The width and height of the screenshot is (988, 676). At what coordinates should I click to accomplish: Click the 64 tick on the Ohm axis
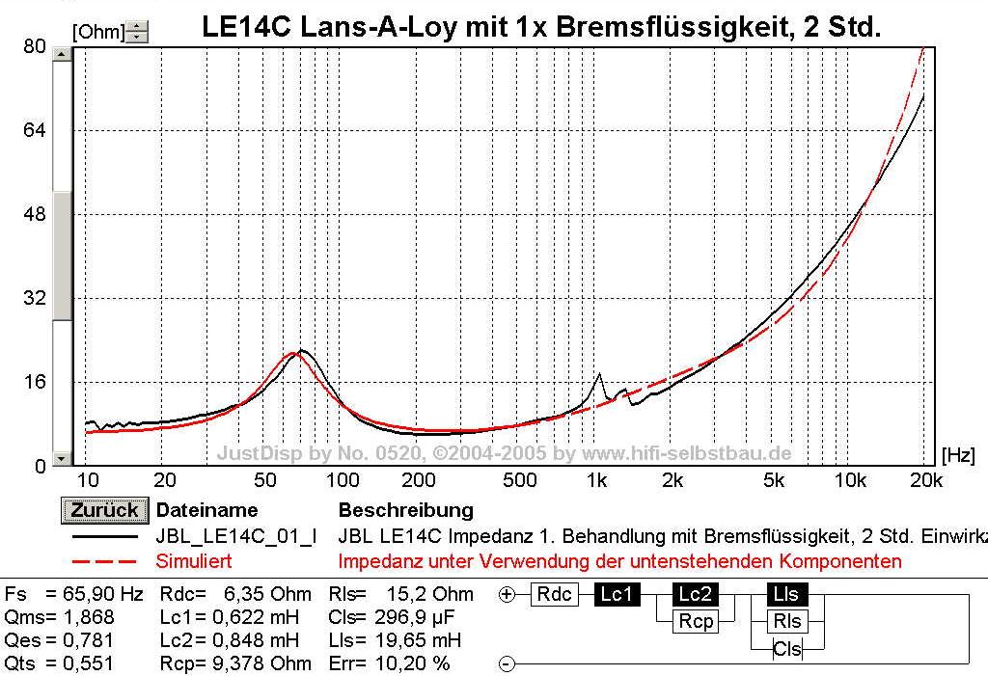click(x=35, y=130)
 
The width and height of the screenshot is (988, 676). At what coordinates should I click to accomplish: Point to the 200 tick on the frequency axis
click(x=417, y=480)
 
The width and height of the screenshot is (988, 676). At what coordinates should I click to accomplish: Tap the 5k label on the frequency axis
click(x=772, y=480)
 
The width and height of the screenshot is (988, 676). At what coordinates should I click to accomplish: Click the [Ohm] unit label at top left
click(x=97, y=32)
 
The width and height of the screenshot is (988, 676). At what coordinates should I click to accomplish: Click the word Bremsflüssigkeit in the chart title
click(x=637, y=27)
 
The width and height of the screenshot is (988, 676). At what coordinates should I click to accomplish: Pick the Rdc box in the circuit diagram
click(x=556, y=595)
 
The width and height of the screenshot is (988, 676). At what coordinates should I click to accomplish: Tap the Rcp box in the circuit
click(x=695, y=622)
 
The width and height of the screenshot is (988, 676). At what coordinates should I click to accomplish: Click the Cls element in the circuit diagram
click(x=786, y=649)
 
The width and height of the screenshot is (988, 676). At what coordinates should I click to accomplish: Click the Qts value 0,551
click(x=88, y=663)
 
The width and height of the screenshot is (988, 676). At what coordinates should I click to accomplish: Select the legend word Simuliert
click(x=194, y=561)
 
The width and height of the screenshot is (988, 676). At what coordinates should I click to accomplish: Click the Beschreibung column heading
click(x=405, y=510)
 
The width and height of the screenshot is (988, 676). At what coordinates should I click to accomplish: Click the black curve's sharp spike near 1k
click(x=599, y=374)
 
